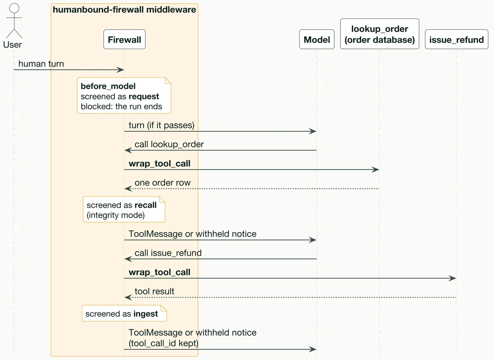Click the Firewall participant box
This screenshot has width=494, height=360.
(124, 39)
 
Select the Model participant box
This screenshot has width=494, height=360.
(317, 39)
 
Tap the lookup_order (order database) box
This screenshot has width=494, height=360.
(380, 34)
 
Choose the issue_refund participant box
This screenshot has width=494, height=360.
(457, 39)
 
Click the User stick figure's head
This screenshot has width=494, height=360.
(14, 8)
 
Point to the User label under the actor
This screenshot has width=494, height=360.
(12, 45)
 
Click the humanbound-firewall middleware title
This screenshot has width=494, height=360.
(124, 10)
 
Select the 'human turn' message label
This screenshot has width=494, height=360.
(41, 64)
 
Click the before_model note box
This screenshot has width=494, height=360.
(124, 95)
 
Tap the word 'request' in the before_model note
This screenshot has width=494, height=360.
(144, 97)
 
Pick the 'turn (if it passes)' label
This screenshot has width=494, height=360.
(161, 125)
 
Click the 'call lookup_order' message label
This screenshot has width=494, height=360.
(169, 144)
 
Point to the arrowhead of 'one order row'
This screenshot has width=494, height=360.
(128, 188)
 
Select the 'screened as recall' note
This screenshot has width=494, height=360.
(124, 209)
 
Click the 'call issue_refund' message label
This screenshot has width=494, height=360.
(168, 253)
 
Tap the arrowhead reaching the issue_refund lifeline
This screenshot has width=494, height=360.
(452, 278)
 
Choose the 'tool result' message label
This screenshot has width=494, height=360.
(154, 291)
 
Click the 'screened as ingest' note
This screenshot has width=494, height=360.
(124, 313)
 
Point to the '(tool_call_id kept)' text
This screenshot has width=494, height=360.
(163, 343)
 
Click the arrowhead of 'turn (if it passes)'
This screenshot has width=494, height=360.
(312, 131)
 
